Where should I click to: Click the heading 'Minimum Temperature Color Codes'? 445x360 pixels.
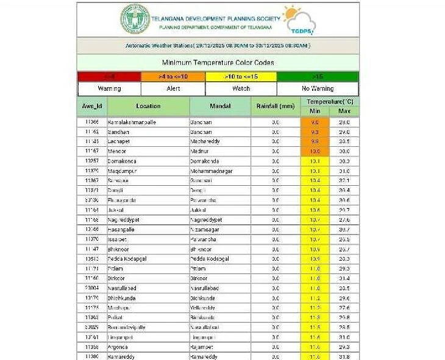(x=218, y=63)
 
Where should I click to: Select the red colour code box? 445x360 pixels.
(x=109, y=77)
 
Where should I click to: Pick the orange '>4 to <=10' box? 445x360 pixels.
(x=173, y=77)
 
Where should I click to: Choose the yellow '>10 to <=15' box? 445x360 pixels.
(x=241, y=77)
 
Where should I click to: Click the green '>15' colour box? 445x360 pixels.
(x=318, y=77)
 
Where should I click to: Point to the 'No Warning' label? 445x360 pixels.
(x=318, y=89)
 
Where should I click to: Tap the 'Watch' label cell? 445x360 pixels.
(x=241, y=89)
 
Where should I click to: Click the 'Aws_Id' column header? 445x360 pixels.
(x=92, y=106)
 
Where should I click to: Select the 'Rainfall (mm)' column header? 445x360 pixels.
(x=276, y=106)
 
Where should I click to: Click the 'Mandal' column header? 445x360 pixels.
(x=219, y=106)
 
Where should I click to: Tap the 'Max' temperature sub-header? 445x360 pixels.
(x=344, y=111)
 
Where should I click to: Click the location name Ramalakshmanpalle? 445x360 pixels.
(x=132, y=122)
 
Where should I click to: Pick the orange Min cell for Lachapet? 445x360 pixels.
(x=315, y=141)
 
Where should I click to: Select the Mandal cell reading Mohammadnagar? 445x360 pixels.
(x=211, y=171)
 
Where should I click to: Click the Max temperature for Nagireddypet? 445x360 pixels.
(x=344, y=220)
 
